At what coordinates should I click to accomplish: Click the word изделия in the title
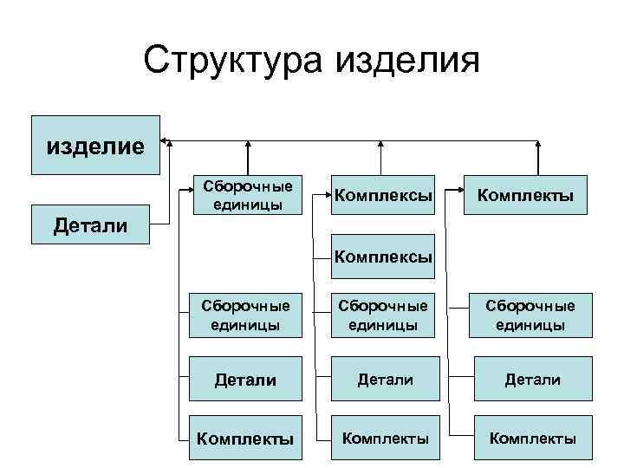pos(406,61)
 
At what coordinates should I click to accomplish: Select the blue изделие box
pos(95,145)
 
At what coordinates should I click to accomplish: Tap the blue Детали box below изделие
pos(90,225)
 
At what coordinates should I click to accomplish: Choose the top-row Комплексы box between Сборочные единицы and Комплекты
pos(383,195)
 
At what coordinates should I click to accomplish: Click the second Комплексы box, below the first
pos(383,257)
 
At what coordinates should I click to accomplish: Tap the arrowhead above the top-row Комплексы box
pos(382,143)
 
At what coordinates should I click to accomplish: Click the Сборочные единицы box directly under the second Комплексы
pos(383,316)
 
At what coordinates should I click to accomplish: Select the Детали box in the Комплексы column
pos(383,378)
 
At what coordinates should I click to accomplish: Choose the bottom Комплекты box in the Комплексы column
pos(383,439)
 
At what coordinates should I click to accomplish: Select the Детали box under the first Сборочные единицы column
pos(247,378)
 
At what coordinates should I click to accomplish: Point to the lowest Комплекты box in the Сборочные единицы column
pos(247,439)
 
